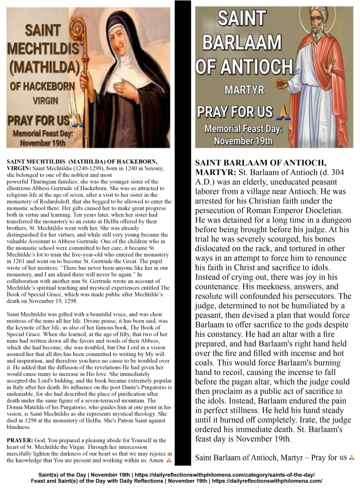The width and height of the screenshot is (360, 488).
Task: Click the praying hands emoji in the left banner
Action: click(x=77, y=119)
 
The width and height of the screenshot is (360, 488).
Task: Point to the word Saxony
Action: click(x=154, y=168)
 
